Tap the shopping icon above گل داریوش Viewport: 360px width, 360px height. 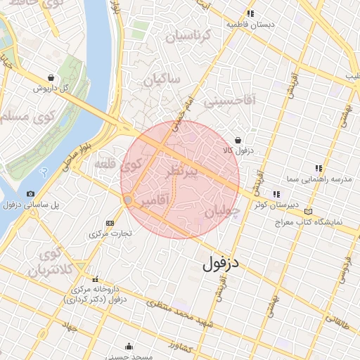tap(51, 77)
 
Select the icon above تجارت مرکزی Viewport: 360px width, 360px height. tap(108, 222)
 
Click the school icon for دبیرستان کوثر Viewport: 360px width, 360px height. tap(276, 194)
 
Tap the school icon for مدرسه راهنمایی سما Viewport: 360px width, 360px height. tap(319, 168)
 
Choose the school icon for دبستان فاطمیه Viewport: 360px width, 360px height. tap(250, 13)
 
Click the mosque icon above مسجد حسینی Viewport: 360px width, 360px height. tap(128, 346)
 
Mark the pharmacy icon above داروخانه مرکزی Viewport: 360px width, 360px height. tap(75, 288)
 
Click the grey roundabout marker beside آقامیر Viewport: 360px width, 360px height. tap(128, 200)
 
